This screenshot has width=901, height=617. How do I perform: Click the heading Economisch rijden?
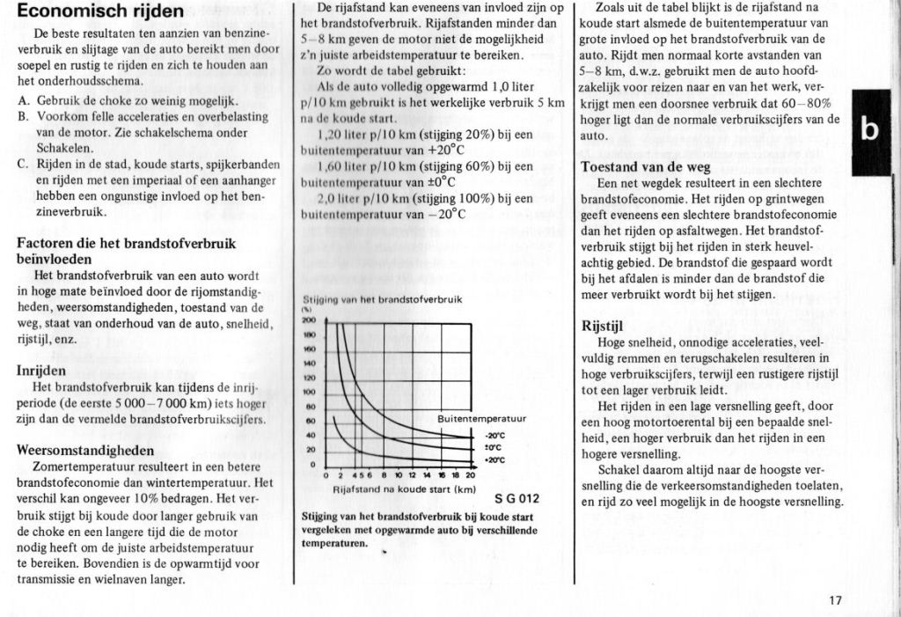[100, 11]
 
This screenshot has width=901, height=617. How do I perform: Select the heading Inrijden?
[41, 371]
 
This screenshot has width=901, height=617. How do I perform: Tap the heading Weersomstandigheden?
[85, 450]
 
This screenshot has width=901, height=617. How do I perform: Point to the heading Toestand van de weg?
[645, 167]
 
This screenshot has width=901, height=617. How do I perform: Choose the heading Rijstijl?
[604, 326]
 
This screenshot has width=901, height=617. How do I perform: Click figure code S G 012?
[516, 500]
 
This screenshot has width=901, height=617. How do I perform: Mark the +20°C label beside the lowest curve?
[494, 459]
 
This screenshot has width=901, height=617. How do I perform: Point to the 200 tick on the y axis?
[309, 321]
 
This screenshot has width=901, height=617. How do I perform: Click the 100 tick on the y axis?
[309, 392]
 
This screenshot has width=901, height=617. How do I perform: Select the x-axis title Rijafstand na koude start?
[404, 489]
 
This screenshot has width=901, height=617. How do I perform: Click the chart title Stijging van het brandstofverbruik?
[382, 299]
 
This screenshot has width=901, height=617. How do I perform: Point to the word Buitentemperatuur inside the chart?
[481, 418]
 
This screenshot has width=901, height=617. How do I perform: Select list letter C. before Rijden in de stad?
[23, 164]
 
